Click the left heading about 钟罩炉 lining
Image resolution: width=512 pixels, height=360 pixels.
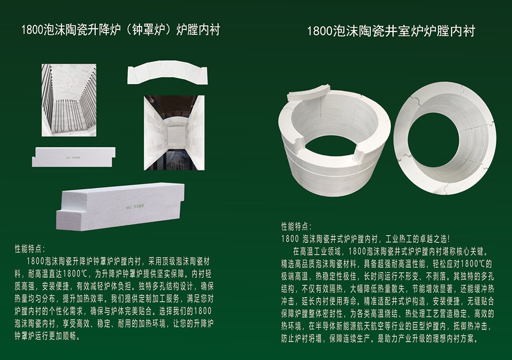(121, 30)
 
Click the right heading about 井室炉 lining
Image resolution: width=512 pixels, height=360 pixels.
(391, 32)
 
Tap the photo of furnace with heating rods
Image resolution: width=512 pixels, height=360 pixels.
(69, 100)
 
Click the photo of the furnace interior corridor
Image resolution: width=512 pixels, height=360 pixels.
(174, 133)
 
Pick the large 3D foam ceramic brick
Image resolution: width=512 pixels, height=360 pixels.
(120, 206)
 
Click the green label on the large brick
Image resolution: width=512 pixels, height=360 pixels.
(135, 207)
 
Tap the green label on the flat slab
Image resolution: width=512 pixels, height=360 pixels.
(73, 158)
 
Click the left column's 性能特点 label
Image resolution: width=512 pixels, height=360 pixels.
(30, 249)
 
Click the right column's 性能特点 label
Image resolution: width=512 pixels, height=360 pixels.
(297, 227)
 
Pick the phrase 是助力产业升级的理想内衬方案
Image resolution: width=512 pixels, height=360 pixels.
(427, 339)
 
